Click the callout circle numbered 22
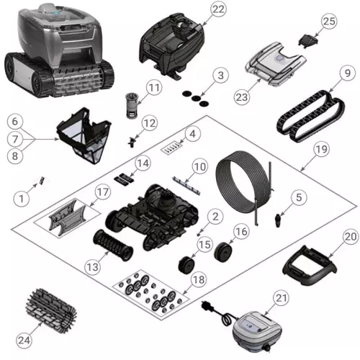click(218, 9)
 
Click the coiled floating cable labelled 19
click(241, 183)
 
